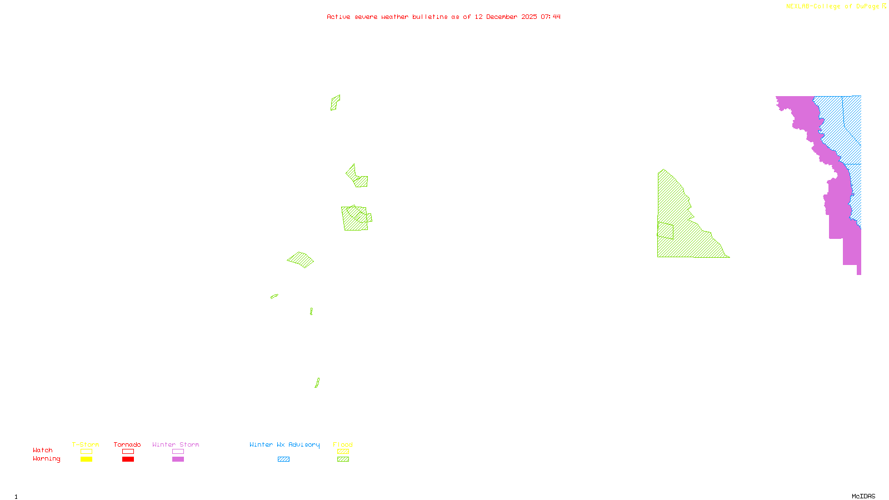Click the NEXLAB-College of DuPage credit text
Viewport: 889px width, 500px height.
pos(832,6)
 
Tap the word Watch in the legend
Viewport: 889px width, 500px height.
pos(43,450)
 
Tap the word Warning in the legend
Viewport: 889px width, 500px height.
pos(46,459)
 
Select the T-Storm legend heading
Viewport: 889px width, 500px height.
pos(86,444)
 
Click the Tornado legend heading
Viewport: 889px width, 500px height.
pos(127,444)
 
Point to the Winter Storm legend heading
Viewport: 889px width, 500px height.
pos(176,444)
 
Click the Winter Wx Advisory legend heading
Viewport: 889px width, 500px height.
pos(284,444)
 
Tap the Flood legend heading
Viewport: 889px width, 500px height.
pos(343,444)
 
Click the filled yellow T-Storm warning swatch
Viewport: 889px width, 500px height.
pos(86,459)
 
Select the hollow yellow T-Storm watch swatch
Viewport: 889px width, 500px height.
pos(86,452)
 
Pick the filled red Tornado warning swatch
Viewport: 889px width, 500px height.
pos(128,459)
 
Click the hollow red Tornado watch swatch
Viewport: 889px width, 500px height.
pos(128,452)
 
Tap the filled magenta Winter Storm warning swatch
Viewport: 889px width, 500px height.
pos(178,459)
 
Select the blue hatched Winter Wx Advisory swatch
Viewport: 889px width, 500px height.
pos(283,459)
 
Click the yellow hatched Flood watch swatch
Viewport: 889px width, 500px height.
pos(343,452)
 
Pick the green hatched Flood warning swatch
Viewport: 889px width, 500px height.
pos(343,459)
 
